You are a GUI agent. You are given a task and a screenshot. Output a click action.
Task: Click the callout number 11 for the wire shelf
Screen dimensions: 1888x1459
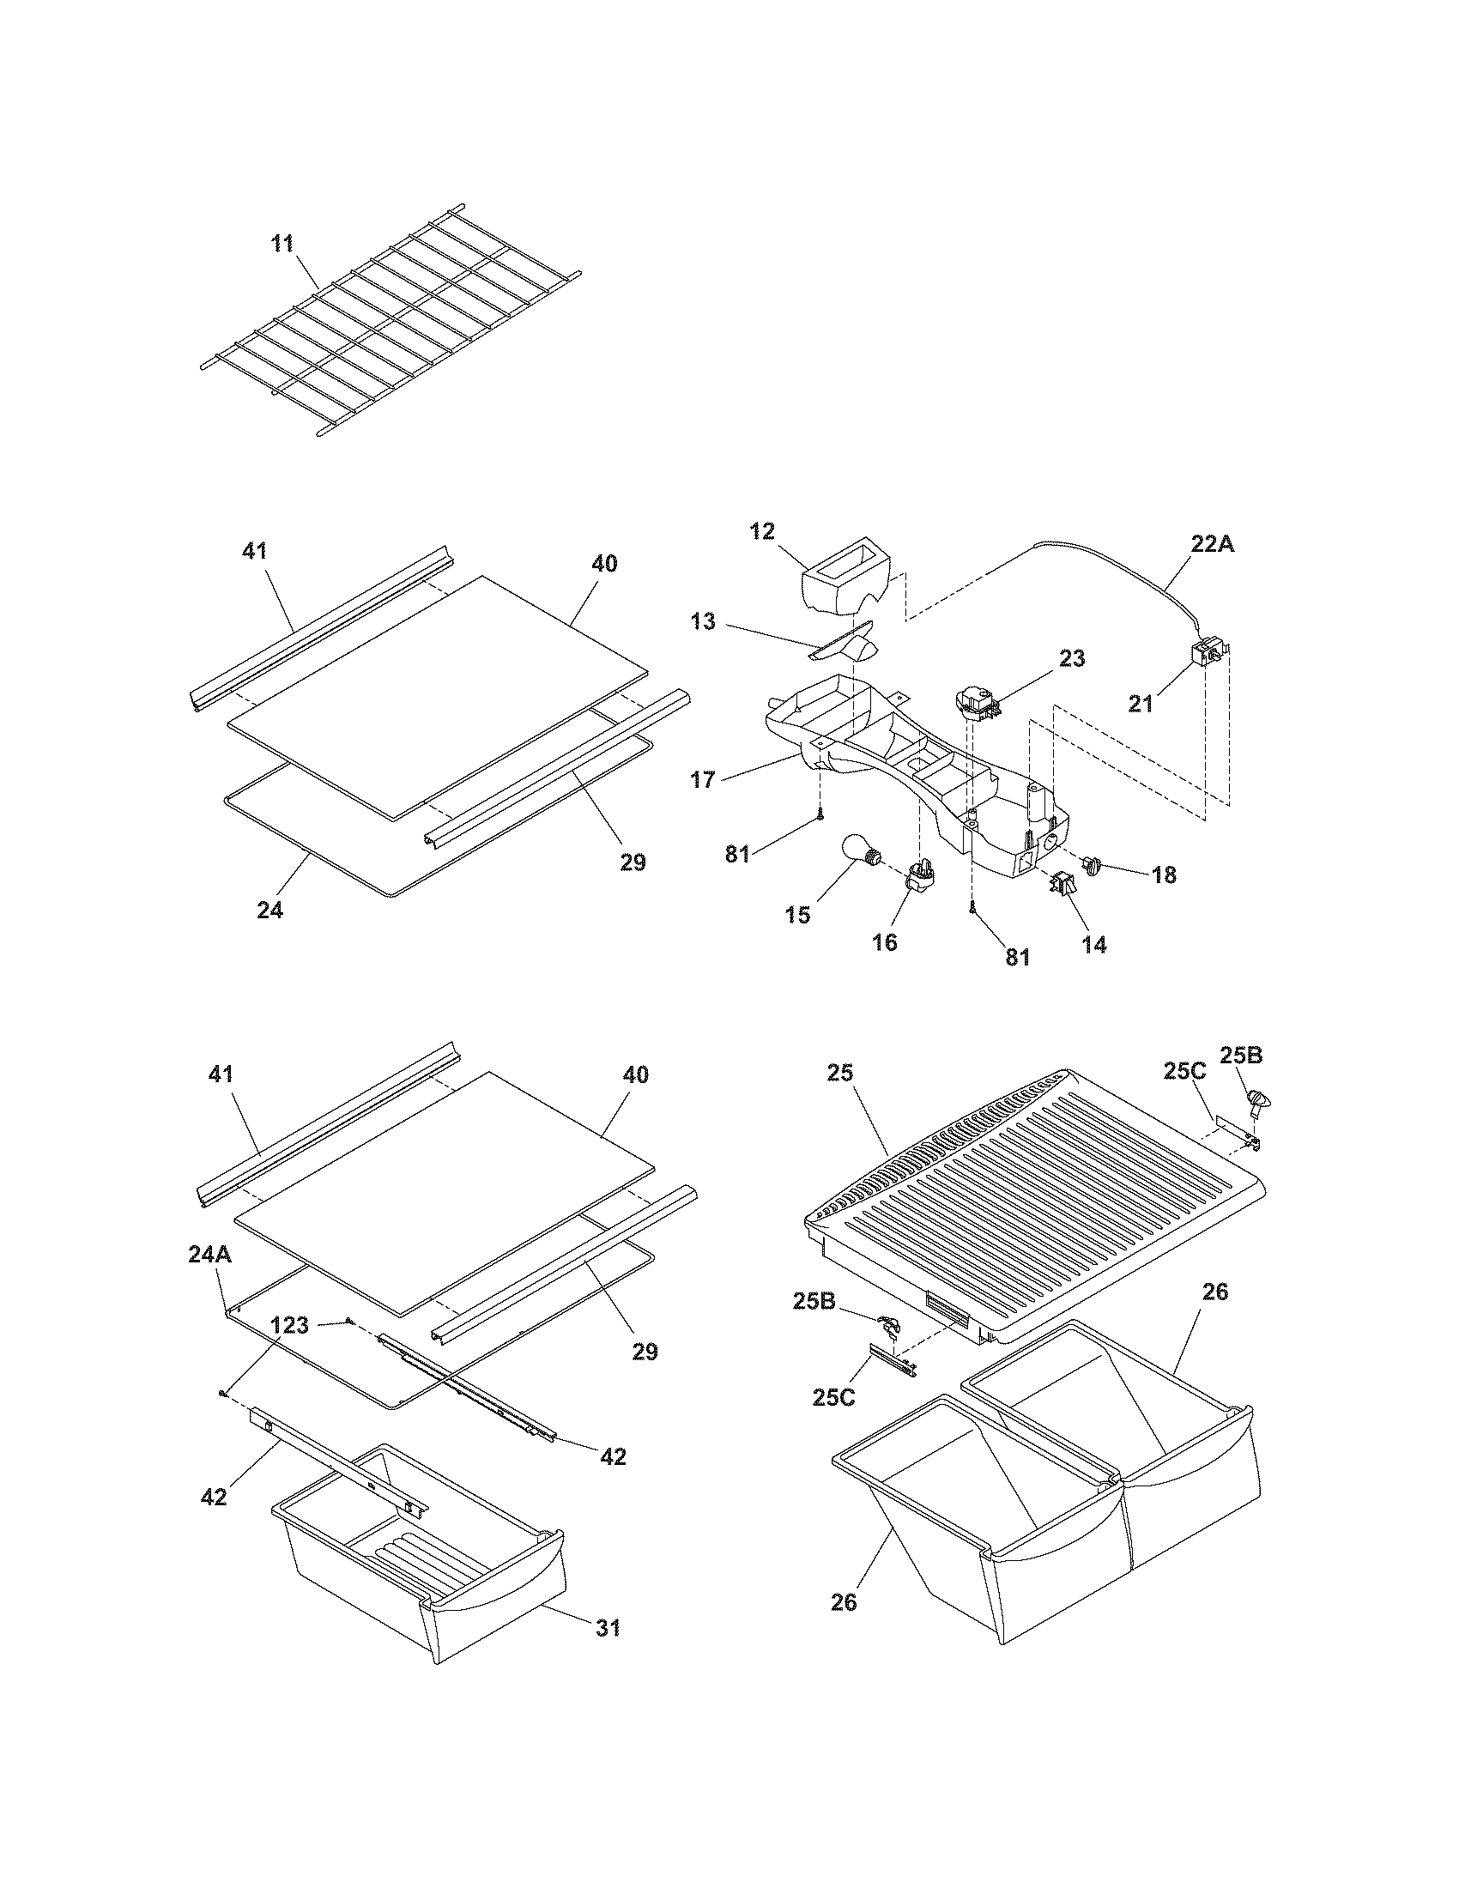[282, 244]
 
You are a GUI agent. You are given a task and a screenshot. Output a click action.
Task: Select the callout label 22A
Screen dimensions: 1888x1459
[1213, 545]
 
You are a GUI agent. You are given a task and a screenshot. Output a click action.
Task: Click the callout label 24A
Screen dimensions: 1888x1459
[209, 1256]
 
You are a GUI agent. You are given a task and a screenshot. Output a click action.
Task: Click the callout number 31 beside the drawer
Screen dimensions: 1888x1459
[608, 1628]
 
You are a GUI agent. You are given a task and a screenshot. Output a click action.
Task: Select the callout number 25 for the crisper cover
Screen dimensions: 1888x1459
[839, 1073]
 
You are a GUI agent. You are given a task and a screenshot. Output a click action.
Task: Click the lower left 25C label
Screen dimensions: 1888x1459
[834, 1397]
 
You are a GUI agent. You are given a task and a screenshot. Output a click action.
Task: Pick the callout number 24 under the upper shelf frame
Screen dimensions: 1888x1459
[269, 910]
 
